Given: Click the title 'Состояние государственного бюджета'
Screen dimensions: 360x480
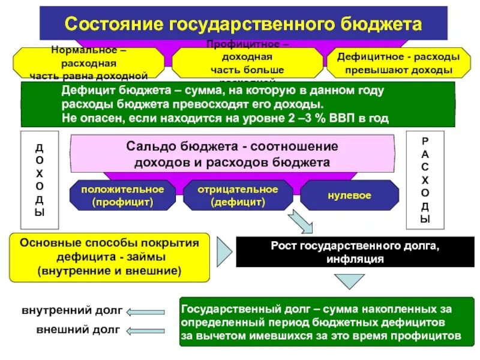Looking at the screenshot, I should point(243,25).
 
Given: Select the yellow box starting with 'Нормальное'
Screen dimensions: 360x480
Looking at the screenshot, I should point(88,63).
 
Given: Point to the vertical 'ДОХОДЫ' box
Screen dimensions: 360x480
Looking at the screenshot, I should point(40,179).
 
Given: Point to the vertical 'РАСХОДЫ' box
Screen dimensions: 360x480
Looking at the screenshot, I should point(425,179).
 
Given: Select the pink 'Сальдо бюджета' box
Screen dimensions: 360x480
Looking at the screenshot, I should point(232,154).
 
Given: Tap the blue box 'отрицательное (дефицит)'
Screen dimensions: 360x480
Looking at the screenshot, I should point(238,196).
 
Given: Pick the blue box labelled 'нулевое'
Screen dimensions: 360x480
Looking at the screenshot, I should point(349,196).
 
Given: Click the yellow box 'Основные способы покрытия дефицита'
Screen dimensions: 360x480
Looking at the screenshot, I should point(109,257).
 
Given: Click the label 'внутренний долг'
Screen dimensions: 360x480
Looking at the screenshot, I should point(72,311).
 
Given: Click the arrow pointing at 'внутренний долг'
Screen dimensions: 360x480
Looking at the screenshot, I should point(151,311).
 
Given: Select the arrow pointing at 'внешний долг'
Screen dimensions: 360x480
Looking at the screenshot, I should point(151,330).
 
